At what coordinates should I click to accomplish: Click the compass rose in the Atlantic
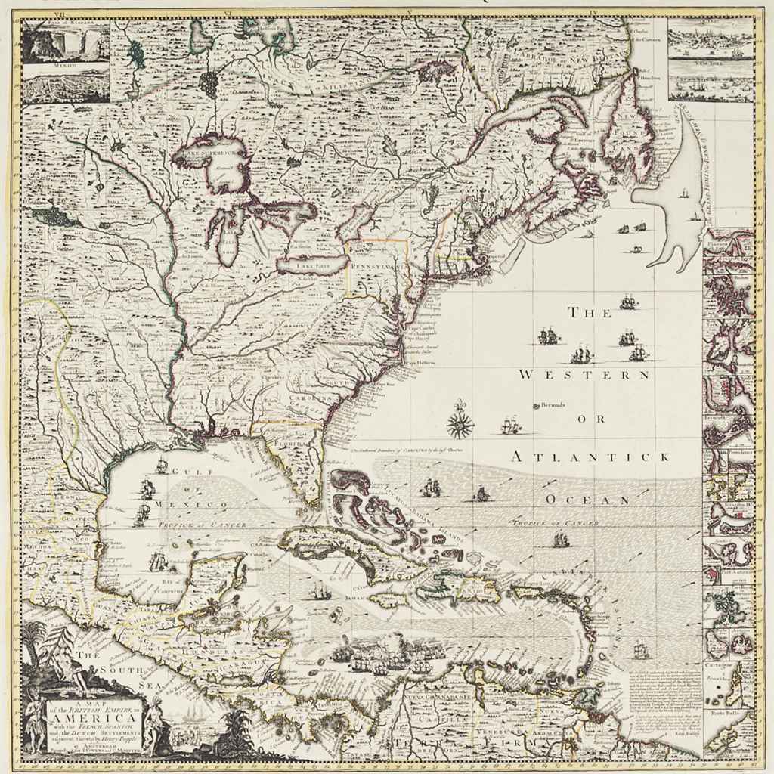pos(458,425)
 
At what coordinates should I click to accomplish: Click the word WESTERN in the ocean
pos(584,375)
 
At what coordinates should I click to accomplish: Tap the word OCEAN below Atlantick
pos(589,500)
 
